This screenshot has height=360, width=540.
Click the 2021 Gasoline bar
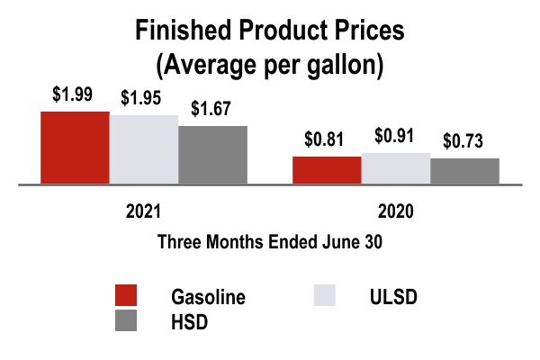pos(76,148)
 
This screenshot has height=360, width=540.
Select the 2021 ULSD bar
pos(144,149)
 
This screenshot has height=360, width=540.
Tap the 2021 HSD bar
pos(212,155)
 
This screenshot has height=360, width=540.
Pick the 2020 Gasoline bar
pos(327,170)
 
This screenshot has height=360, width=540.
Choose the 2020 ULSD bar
pos(395,168)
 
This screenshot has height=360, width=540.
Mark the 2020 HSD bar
pos(464,171)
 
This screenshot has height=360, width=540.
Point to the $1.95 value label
pos(144,98)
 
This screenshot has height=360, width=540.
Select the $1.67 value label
pos(212,110)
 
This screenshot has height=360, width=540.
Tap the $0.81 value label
pos(325,140)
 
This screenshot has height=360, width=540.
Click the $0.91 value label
pos(395,137)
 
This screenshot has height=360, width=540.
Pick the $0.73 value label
pos(464,141)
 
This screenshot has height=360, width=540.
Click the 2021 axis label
pos(143,213)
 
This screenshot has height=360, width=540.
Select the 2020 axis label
pos(395,213)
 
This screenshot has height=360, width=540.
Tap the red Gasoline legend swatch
pos(126,295)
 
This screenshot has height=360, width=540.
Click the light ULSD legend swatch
pos(324,295)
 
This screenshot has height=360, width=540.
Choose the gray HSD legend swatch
pos(126,320)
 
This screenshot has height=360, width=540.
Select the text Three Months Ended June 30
pos(270,242)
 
